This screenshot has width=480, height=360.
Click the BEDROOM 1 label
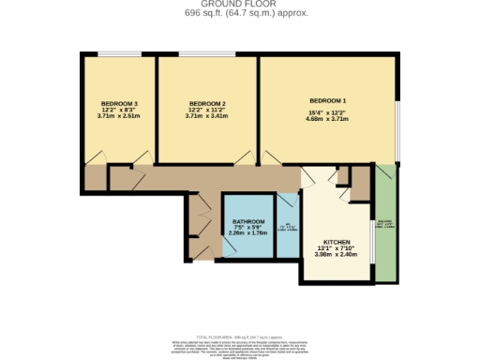point(327,100)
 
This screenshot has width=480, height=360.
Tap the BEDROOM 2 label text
point(207,103)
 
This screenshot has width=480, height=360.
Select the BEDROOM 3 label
point(119,103)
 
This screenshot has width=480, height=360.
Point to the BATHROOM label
point(248,222)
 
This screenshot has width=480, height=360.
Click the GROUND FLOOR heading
point(240,4)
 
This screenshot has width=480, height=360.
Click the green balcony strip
point(384,225)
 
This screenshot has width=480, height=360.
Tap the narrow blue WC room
point(286,225)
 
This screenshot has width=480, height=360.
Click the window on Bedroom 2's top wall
point(207,55)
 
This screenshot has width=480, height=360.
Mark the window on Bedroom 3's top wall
point(119,55)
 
